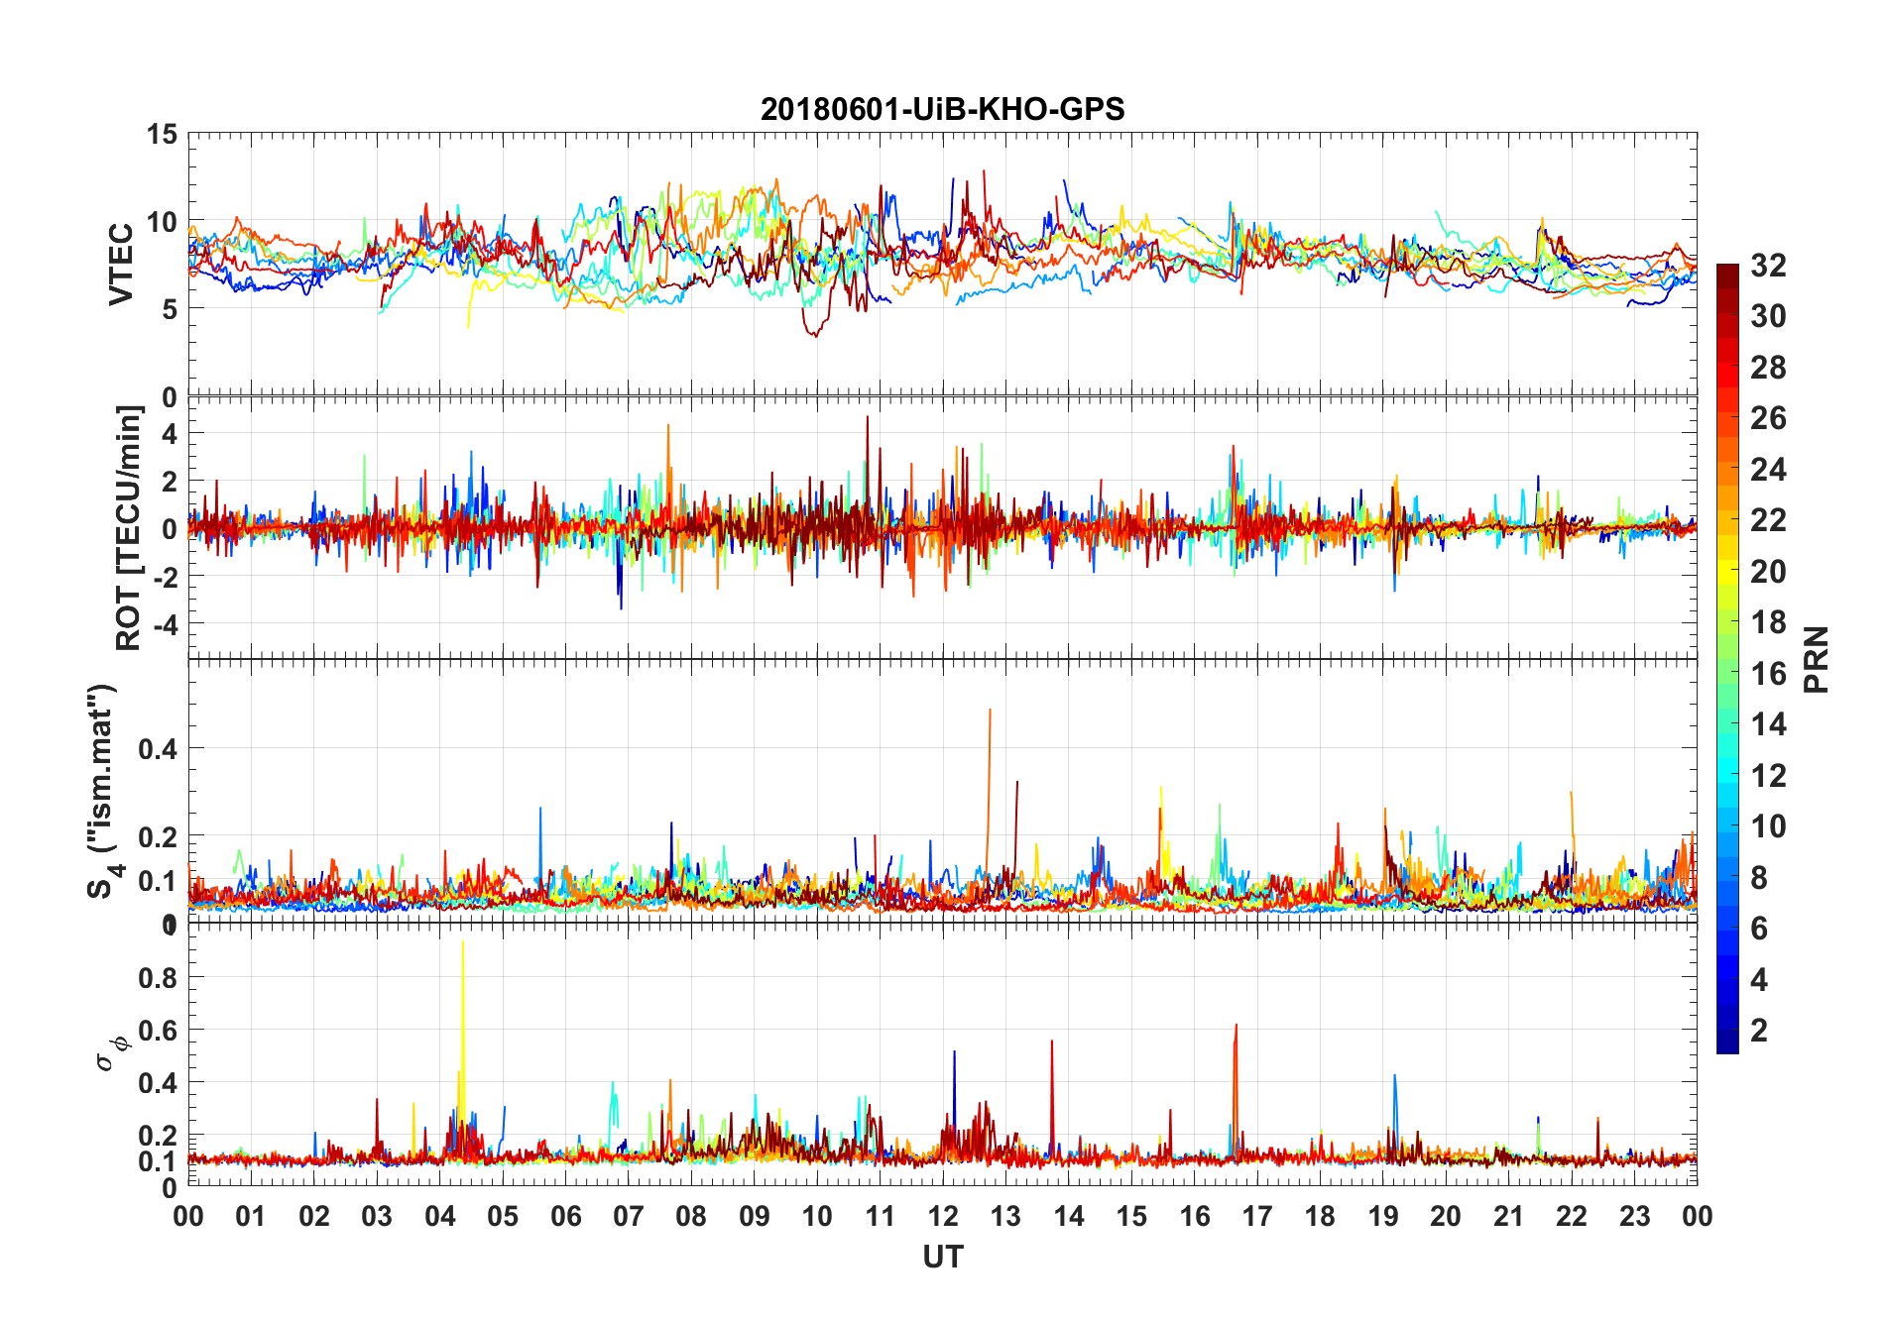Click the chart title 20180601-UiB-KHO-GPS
click(942, 109)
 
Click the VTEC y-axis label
click(121, 264)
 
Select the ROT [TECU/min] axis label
click(129, 527)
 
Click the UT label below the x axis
click(942, 1258)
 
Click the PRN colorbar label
click(1817, 659)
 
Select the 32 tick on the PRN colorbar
click(1768, 266)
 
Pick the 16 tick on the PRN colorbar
click(1768, 674)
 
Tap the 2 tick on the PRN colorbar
click(1759, 1031)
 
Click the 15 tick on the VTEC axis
click(162, 134)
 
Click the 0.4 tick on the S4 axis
click(158, 749)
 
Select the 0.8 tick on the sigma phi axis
click(158, 978)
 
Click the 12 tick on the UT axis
click(942, 1217)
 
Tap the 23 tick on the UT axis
click(1634, 1217)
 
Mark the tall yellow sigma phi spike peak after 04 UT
click(462, 942)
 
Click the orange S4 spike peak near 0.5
click(990, 710)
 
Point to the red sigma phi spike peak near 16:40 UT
click(1236, 1026)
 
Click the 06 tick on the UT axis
click(565, 1217)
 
